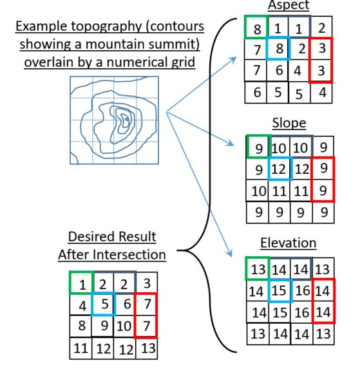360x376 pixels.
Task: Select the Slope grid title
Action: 288,123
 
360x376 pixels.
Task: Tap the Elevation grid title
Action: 288,243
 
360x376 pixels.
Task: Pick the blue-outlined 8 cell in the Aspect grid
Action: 279,48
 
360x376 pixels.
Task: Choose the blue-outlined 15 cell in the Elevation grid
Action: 279,291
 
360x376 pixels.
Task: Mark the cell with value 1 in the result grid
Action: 81,283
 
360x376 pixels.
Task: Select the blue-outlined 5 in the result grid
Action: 103,303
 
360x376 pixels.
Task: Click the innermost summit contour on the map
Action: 127,119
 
